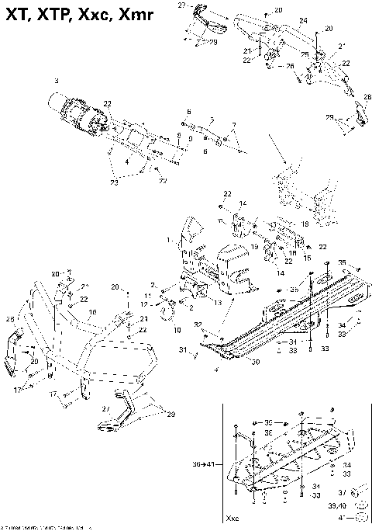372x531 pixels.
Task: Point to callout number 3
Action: click(x=56, y=81)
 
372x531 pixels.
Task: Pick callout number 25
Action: click(x=304, y=54)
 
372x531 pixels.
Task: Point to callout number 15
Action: click(x=307, y=258)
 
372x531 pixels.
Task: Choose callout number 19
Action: click(x=253, y=245)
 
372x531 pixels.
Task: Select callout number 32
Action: click(x=198, y=324)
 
